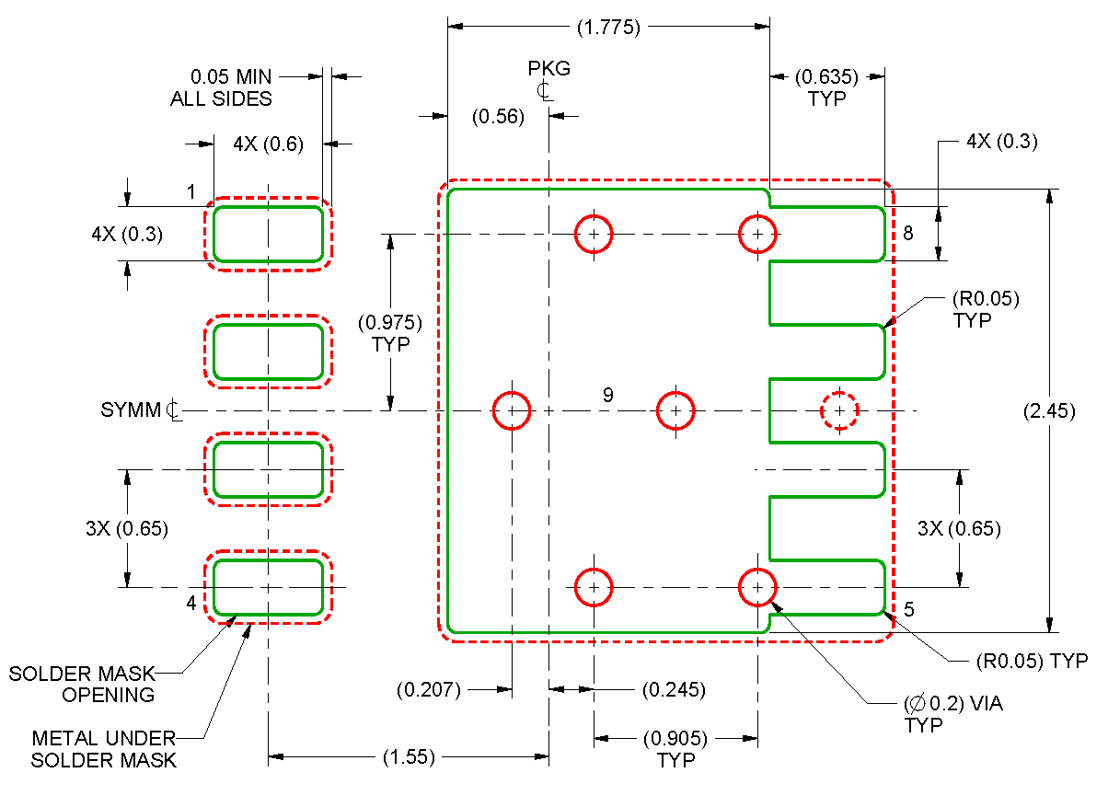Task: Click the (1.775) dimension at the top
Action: click(x=607, y=27)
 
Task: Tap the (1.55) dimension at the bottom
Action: click(x=408, y=757)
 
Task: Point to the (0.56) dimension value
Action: click(x=498, y=116)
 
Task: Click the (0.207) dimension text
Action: click(x=428, y=689)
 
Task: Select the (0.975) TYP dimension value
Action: click(x=390, y=333)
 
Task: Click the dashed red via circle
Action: click(x=839, y=410)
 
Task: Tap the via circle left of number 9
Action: click(x=511, y=410)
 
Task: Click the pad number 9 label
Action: click(x=607, y=396)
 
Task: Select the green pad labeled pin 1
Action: click(x=268, y=234)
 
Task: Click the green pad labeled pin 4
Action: click(x=268, y=586)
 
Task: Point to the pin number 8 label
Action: click(x=907, y=234)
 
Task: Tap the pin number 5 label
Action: click(x=908, y=609)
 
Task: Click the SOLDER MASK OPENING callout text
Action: click(x=83, y=685)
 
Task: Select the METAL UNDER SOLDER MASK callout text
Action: click(x=103, y=749)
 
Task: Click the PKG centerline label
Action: click(x=548, y=78)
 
